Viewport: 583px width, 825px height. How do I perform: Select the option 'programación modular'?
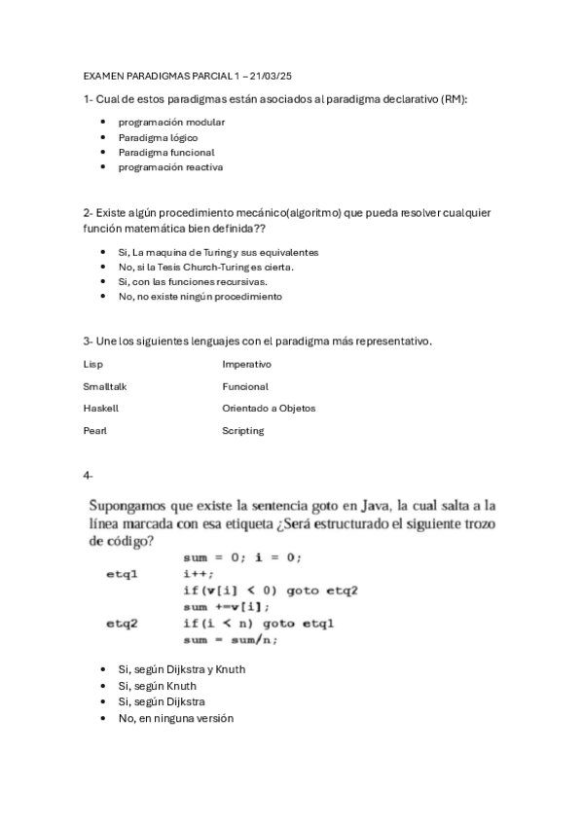[171, 123]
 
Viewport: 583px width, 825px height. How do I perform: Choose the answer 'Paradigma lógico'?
[158, 137]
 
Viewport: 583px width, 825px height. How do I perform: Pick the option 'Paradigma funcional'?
[166, 152]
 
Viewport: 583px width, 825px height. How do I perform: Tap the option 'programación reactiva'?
[170, 166]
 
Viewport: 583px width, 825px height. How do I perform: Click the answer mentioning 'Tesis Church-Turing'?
[205, 267]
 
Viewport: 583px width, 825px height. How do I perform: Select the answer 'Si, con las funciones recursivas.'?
[192, 281]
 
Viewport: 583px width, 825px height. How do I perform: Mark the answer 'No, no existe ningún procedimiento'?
[200, 296]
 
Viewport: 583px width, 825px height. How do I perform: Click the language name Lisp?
[92, 364]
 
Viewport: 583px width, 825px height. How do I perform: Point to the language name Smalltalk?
[105, 386]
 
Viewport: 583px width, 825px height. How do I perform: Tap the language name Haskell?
[100, 408]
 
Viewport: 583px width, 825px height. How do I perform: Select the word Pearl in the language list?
[95, 430]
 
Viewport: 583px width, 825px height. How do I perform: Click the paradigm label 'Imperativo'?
[246, 364]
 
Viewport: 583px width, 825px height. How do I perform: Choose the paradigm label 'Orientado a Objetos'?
[269, 408]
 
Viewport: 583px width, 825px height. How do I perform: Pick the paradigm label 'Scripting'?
[242, 430]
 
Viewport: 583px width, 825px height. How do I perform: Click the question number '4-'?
[89, 475]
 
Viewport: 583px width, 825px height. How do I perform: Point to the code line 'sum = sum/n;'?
[230, 639]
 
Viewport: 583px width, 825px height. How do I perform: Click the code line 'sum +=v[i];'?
[226, 606]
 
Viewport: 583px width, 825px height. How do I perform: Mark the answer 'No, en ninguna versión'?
[175, 718]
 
